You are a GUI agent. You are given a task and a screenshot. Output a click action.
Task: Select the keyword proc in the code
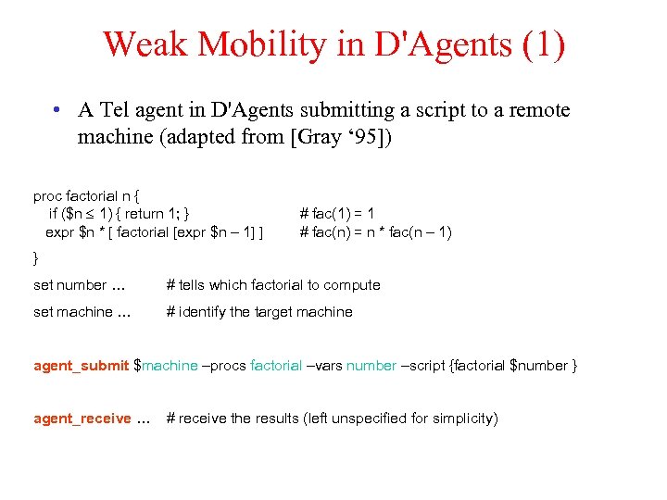pyautogui.click(x=48, y=196)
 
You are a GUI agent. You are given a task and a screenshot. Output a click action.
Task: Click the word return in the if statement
pyautogui.click(x=151, y=214)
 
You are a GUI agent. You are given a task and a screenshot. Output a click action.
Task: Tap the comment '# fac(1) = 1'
pyautogui.click(x=338, y=214)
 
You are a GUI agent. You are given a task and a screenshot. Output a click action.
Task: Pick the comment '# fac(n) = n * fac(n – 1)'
pyautogui.click(x=376, y=231)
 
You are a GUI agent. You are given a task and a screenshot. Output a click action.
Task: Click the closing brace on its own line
pyautogui.click(x=36, y=255)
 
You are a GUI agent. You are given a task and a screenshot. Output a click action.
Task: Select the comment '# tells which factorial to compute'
pyautogui.click(x=273, y=285)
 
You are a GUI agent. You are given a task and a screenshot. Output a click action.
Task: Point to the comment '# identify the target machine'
pyautogui.click(x=259, y=312)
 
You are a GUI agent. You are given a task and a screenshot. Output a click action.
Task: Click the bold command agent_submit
pyautogui.click(x=82, y=366)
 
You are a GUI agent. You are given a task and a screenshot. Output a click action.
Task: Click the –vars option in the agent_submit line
pyautogui.click(x=324, y=366)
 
